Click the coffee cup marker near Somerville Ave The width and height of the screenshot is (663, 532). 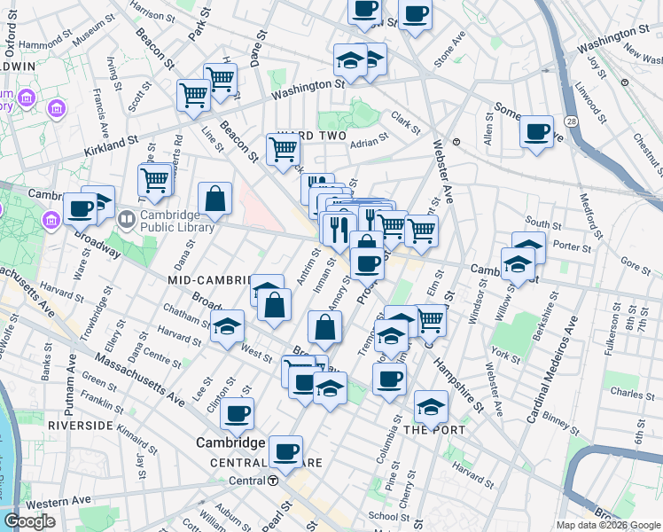coord(536,133)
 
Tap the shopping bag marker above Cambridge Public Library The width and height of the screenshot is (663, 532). coord(215,199)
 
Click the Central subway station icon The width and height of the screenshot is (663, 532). coord(273,481)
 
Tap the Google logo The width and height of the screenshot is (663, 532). coord(28,521)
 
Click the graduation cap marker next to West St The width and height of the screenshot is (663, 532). coord(228,327)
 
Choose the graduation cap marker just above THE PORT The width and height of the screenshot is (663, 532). coord(431,407)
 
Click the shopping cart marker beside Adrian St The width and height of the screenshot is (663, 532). coord(283,150)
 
